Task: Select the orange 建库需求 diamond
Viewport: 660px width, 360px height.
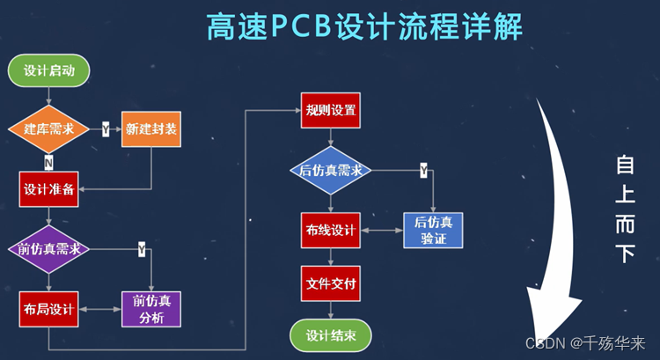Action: coord(49,129)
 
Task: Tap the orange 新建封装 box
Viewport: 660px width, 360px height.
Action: coord(151,129)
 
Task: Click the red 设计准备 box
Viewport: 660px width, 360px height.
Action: coord(49,188)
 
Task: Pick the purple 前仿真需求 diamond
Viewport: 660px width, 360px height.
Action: coord(49,249)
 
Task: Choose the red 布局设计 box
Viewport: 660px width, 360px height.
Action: coord(49,309)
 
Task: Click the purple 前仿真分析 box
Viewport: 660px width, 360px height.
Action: coord(151,309)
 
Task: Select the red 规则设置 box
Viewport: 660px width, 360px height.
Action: coord(330,110)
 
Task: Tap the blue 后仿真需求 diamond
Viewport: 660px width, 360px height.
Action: coord(330,170)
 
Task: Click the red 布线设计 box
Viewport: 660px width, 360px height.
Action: coord(330,231)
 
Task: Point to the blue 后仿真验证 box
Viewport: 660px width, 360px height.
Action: coord(433,231)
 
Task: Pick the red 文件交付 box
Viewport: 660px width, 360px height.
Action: coord(330,283)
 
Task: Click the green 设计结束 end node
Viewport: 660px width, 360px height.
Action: coord(330,335)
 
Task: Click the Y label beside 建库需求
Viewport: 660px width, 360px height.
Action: coord(106,129)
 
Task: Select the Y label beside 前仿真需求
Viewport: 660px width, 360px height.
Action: coord(142,250)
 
